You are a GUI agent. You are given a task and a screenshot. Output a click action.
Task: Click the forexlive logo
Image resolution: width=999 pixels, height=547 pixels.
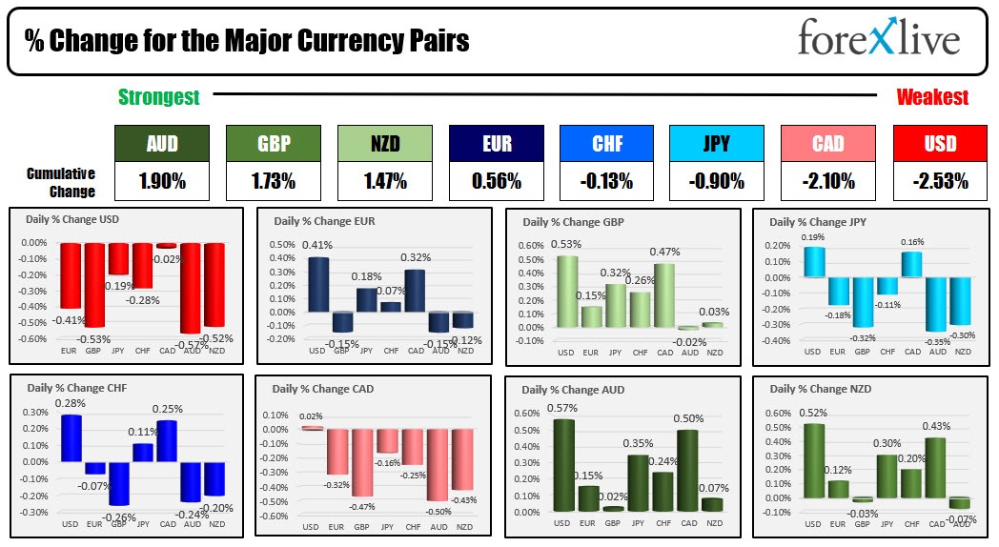pyautogui.click(x=878, y=40)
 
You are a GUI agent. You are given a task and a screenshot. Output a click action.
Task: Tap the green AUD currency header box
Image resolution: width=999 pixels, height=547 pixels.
pyautogui.click(x=161, y=144)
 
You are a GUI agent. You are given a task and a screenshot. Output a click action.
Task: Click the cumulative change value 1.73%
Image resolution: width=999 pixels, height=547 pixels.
pyautogui.click(x=272, y=181)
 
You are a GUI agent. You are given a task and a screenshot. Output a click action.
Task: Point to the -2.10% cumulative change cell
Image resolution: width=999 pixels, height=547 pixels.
pyautogui.click(x=826, y=181)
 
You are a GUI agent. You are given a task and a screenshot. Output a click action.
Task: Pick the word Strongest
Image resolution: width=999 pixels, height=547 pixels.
pyautogui.click(x=159, y=97)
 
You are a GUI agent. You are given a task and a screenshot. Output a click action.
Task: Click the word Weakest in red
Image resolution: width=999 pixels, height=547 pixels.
pyautogui.click(x=932, y=97)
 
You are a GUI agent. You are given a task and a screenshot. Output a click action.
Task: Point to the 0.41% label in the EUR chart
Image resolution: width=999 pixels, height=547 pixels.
pyautogui.click(x=316, y=246)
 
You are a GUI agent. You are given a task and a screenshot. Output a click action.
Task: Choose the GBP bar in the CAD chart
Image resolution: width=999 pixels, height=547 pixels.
pyautogui.click(x=361, y=462)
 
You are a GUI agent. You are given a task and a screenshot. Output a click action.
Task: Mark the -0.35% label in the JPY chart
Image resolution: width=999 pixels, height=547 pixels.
pyautogui.click(x=936, y=341)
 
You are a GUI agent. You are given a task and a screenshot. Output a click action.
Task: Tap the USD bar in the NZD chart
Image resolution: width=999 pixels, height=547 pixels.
pyautogui.click(x=813, y=460)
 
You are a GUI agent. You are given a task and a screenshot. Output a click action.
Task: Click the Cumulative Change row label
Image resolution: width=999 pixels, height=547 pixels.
pyautogui.click(x=61, y=182)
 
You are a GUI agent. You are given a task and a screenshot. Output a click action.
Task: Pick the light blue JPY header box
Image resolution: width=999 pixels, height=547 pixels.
pyautogui.click(x=716, y=144)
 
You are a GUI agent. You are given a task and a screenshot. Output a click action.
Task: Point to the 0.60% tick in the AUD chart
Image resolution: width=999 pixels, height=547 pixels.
pyautogui.click(x=527, y=413)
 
